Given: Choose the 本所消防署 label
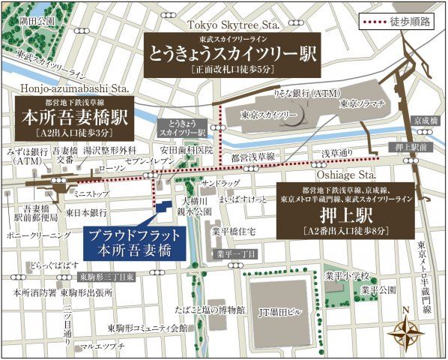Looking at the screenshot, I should pyautogui.click(x=28, y=292).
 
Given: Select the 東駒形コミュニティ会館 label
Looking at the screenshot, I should pyautogui.click(x=148, y=328).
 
